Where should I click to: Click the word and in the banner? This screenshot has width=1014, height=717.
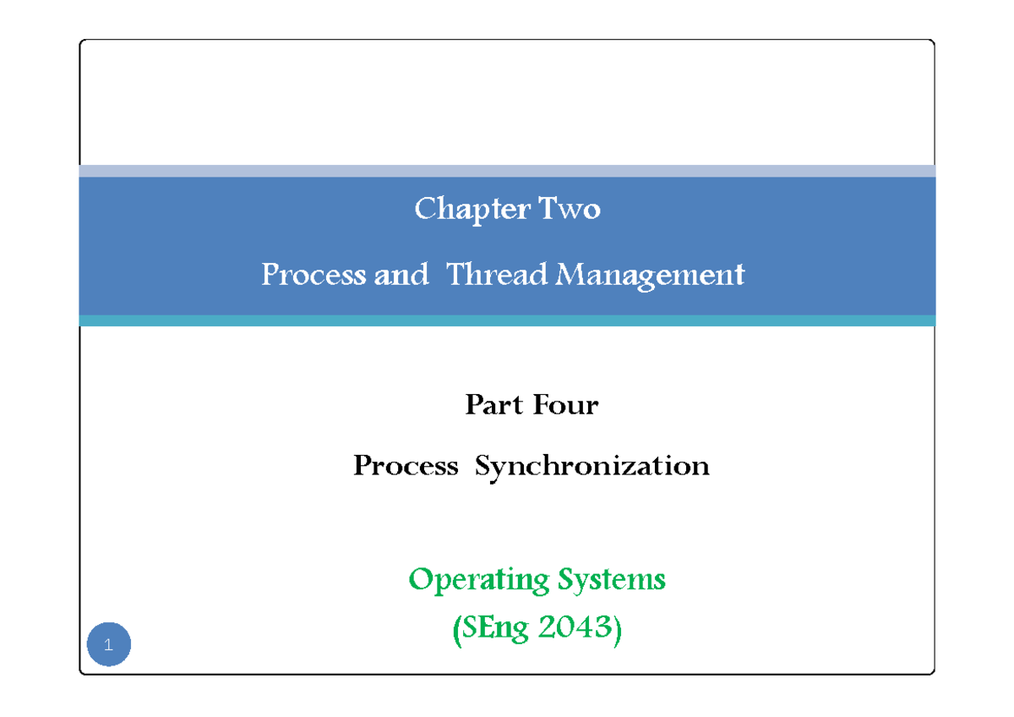pyautogui.click(x=401, y=275)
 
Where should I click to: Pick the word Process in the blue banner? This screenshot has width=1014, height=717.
pyautogui.click(x=313, y=275)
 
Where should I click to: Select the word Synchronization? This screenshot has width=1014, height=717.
pyautogui.click(x=591, y=466)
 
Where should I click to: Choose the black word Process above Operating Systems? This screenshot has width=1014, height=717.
pyautogui.click(x=406, y=466)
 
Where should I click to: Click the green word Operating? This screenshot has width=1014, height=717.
pyautogui.click(x=478, y=580)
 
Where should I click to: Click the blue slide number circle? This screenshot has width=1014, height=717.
pyautogui.click(x=109, y=645)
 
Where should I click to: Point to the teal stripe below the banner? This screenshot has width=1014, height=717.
pyautogui.click(x=507, y=320)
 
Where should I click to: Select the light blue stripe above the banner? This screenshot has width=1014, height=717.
pyautogui.click(x=507, y=171)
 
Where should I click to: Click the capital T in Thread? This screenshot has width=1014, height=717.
pyautogui.click(x=454, y=274)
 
